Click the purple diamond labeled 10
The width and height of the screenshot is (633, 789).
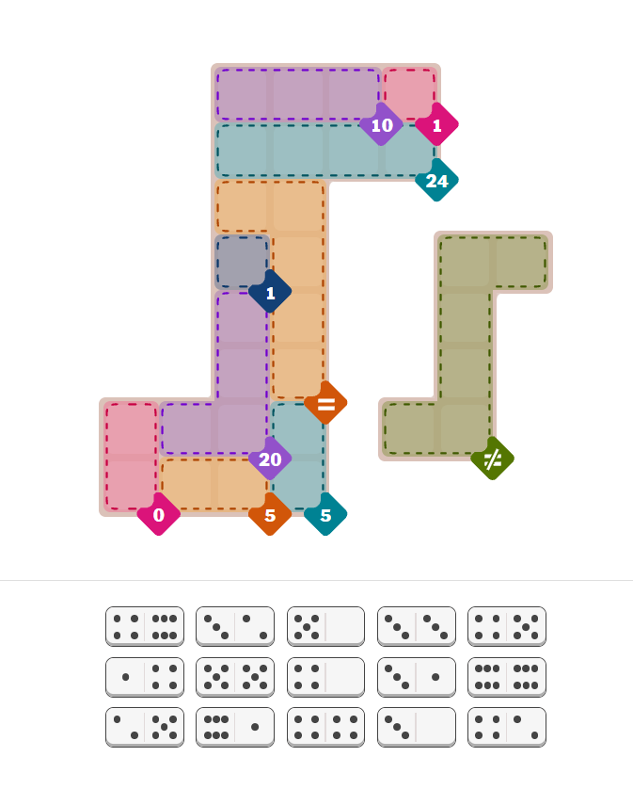coord(381,124)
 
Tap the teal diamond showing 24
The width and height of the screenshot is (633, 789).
coord(436,180)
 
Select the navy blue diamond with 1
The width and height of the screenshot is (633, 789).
coord(270,292)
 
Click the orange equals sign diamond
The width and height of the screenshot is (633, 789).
coord(325,403)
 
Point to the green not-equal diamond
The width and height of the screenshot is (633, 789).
coord(492,459)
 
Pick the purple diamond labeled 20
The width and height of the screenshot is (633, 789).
coord(270,459)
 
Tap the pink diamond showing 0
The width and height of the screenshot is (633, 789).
coord(158,514)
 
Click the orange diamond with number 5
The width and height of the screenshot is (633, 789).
coord(270,514)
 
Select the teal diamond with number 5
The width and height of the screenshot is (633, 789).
coord(325,514)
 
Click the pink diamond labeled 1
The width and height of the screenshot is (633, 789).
coord(436,124)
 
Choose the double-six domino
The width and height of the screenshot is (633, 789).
coord(507,677)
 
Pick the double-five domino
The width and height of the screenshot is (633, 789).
coord(235,677)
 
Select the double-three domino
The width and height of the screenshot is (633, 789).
coord(417,626)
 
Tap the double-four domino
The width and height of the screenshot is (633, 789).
coord(325,728)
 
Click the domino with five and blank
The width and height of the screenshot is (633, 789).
coord(325,626)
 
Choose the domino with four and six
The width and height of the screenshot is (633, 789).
coord(145,626)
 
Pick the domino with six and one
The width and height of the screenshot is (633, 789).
coord(235,728)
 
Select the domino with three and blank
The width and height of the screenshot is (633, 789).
coord(417,728)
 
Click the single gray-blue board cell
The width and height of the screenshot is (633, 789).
coord(243,262)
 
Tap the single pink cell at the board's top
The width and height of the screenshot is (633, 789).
coord(410,94)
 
